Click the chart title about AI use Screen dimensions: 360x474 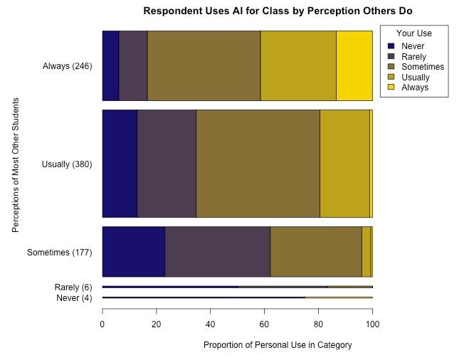click(x=278, y=11)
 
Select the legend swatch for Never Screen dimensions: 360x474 click(x=391, y=46)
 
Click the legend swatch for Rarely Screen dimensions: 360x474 click(x=391, y=56)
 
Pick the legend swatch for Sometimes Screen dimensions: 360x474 click(x=391, y=67)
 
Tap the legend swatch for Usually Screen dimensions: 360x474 click(x=391, y=77)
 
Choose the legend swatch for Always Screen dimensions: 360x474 click(x=391, y=87)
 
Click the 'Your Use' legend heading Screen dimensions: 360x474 click(x=414, y=33)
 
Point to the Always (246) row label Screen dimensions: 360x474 click(x=68, y=66)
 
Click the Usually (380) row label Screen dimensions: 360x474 click(x=68, y=164)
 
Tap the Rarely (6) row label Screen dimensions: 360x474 click(x=73, y=287)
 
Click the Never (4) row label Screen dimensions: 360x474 click(x=74, y=297)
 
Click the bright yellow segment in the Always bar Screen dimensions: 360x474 click(x=354, y=66)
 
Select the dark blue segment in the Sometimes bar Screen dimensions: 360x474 click(x=134, y=252)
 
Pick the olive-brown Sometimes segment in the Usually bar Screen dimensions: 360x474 click(x=258, y=164)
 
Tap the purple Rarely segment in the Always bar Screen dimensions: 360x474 click(x=133, y=66)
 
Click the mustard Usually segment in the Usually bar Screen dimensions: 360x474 click(x=344, y=164)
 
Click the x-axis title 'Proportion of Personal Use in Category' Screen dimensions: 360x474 click(x=278, y=345)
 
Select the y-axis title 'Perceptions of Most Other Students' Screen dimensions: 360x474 click(x=15, y=164)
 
